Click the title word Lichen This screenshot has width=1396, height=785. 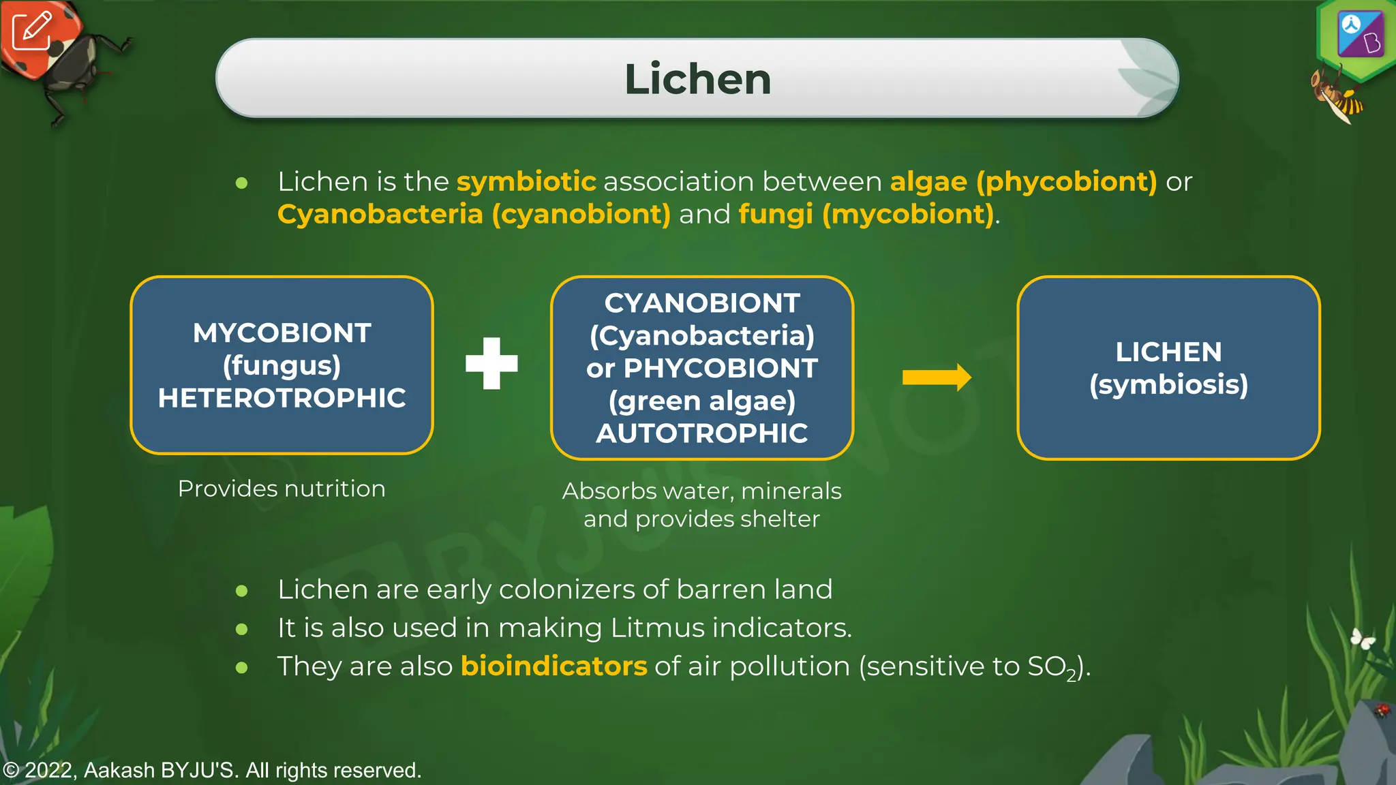[x=697, y=79]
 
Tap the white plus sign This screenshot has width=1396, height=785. [x=491, y=363]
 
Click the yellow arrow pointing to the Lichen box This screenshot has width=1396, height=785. [x=937, y=377]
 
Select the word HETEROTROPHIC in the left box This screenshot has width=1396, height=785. [x=282, y=398]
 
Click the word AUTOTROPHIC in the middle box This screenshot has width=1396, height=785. [x=701, y=433]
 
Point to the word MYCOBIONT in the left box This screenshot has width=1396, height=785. [x=282, y=333]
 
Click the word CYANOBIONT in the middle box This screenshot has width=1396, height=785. [x=701, y=303]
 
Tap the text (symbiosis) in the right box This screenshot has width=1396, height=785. [x=1168, y=384]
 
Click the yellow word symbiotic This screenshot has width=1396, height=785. [x=526, y=182]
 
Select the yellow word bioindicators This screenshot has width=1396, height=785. [x=553, y=666]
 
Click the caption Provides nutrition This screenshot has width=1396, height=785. [x=282, y=489]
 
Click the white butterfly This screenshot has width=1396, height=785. [x=1363, y=638]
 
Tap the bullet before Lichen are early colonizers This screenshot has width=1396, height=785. [x=241, y=590]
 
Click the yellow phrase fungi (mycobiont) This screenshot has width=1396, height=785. [x=866, y=215]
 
